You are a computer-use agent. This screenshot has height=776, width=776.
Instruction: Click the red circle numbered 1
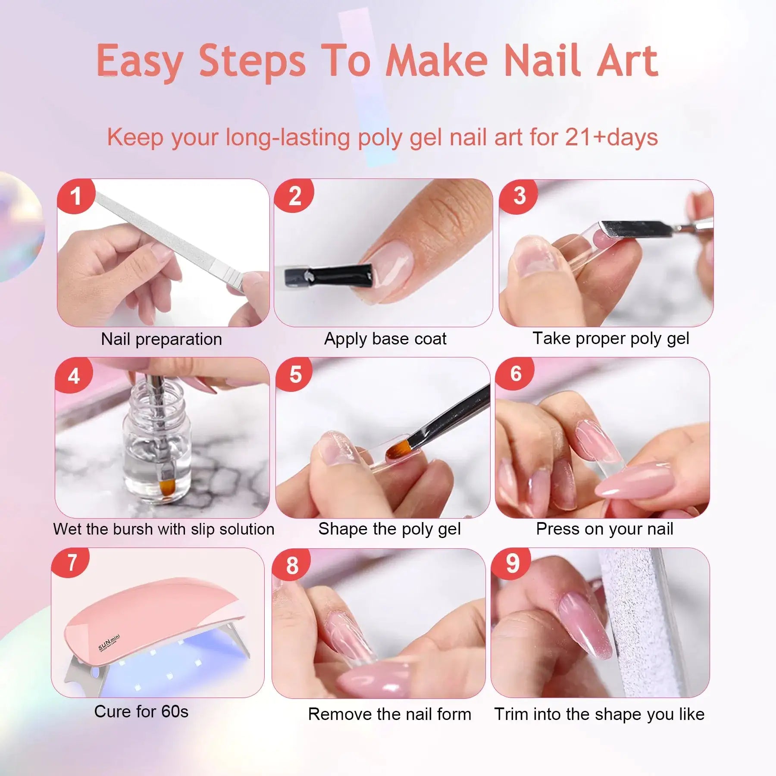pyautogui.click(x=76, y=196)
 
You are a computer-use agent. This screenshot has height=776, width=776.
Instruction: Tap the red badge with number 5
pyautogui.click(x=295, y=374)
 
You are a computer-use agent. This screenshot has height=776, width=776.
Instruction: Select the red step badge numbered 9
pyautogui.click(x=513, y=563)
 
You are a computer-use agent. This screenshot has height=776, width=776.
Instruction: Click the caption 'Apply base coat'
pyautogui.click(x=385, y=339)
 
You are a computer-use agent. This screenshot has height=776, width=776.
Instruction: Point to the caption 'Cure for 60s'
pyautogui.click(x=141, y=711)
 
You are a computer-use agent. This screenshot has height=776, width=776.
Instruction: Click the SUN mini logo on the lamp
pyautogui.click(x=109, y=643)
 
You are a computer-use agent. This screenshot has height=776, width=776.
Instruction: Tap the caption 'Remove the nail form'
pyautogui.click(x=389, y=714)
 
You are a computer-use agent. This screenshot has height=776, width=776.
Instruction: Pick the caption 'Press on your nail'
pyautogui.click(x=604, y=529)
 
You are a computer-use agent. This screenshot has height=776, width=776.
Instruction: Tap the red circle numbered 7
pyautogui.click(x=72, y=563)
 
